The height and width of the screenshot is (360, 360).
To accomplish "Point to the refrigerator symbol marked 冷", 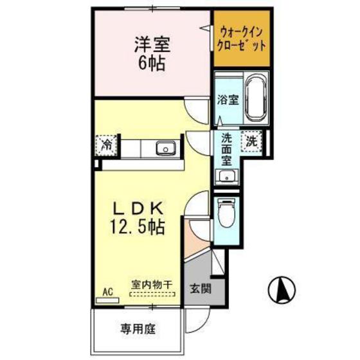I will point(107,144).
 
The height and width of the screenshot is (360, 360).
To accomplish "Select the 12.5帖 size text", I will point(140,228).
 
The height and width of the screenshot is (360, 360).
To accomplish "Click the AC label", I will point(107,291).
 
